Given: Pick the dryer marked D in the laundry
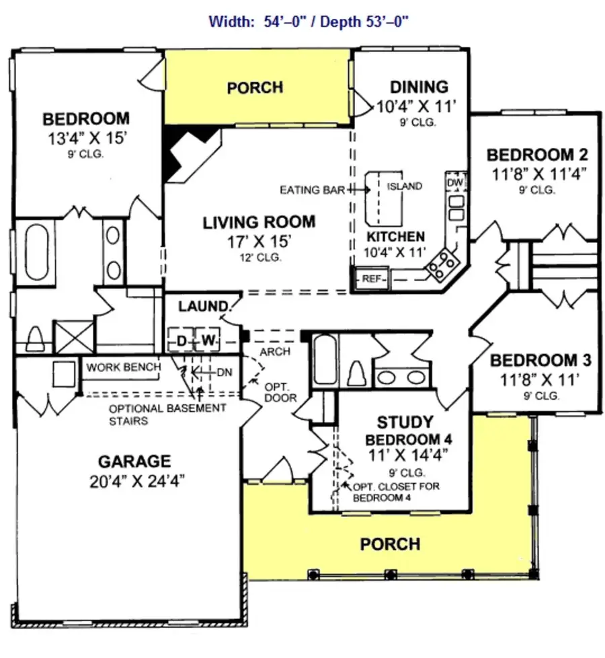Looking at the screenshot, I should [181, 342].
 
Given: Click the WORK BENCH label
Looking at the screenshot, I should [123, 367].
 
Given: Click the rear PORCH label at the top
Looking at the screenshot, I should [255, 87].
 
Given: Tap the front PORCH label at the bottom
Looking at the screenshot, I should [390, 544].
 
